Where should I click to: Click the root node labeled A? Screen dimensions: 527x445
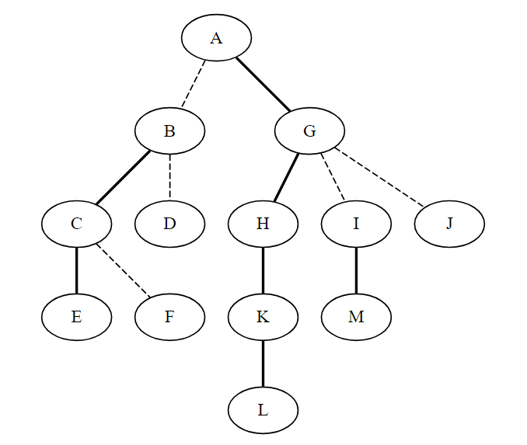[x=216, y=37]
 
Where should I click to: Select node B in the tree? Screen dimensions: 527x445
[x=169, y=130]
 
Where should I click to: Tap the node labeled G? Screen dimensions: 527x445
[x=309, y=130]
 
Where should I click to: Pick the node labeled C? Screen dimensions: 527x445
[x=77, y=224]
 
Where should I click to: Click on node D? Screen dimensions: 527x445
[x=169, y=224]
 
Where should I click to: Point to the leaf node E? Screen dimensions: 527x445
[x=77, y=317]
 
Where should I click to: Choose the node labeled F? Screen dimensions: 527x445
[x=169, y=317]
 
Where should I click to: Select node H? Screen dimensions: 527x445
[x=263, y=224]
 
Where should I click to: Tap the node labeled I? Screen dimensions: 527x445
[x=356, y=224]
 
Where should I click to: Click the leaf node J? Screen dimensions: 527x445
[x=449, y=224]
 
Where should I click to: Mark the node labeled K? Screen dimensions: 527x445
[x=263, y=317]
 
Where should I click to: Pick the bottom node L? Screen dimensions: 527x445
[x=263, y=410]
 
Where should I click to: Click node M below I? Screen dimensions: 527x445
[x=356, y=317]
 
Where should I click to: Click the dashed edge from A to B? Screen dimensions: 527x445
[x=194, y=84]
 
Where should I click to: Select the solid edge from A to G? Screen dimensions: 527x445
[x=263, y=85]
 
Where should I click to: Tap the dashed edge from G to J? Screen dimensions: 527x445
[x=379, y=176]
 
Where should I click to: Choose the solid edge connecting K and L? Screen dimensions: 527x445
[x=263, y=363]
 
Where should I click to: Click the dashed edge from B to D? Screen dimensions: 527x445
[x=169, y=177]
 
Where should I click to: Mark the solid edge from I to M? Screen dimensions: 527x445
[x=356, y=270]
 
